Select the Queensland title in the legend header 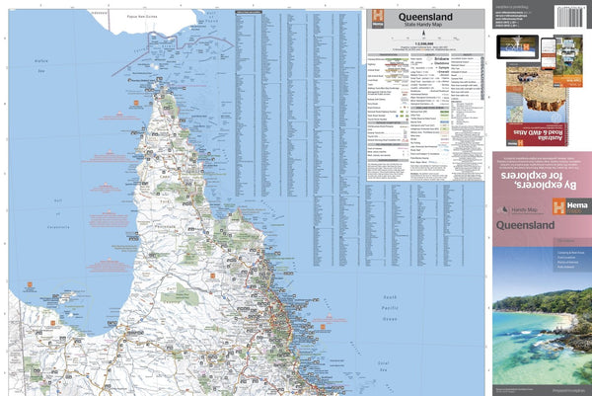click(425, 18)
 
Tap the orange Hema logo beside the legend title click(375, 20)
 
